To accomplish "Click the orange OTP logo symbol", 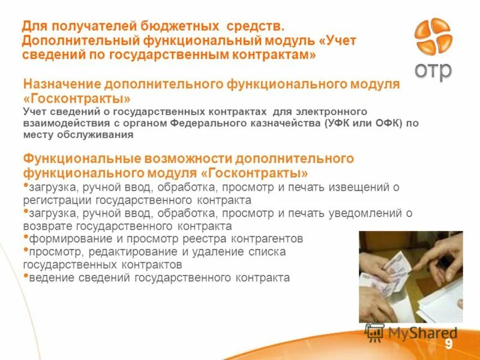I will pos(433,38).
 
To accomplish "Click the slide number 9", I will pos(448,344).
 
